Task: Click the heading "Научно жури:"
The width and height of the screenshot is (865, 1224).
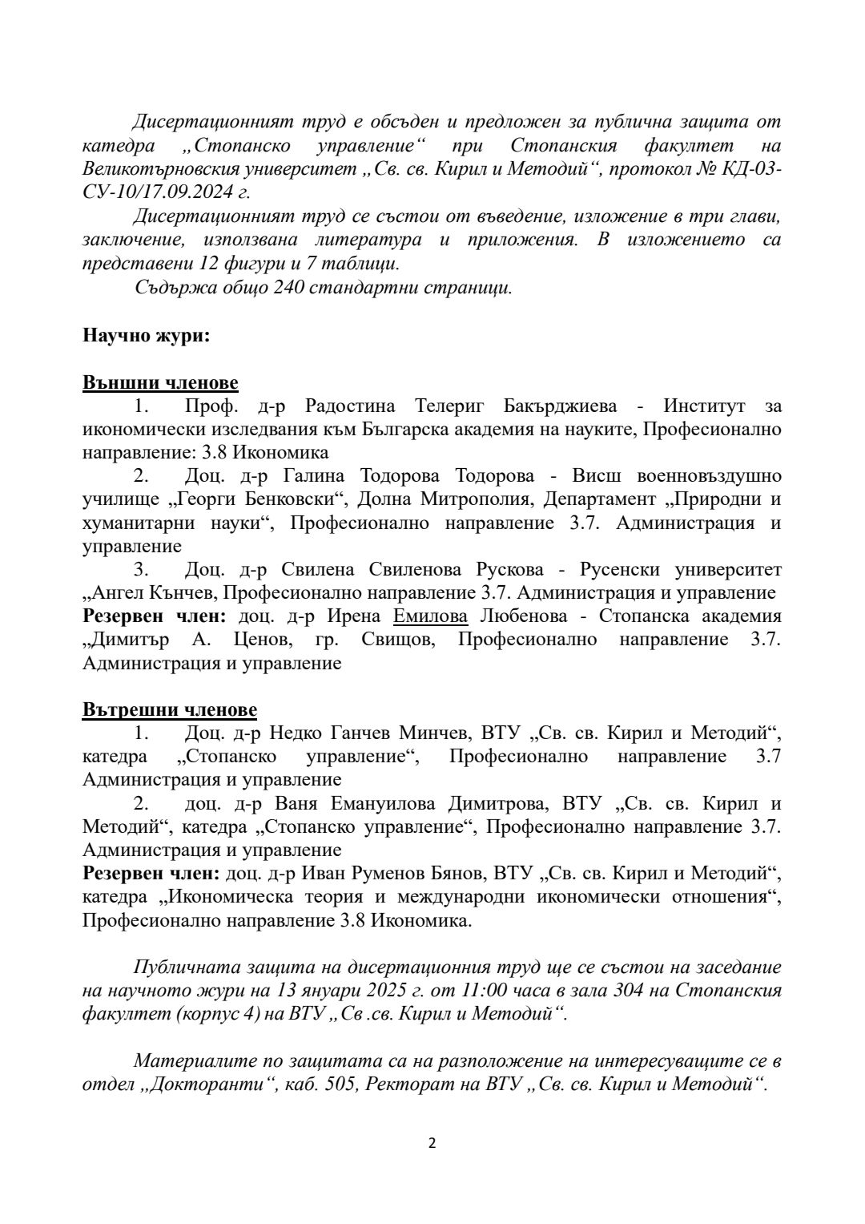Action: (146, 335)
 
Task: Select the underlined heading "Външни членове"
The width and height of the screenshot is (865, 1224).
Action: (160, 382)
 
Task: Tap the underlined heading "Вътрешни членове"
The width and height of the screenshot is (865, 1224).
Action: (170, 709)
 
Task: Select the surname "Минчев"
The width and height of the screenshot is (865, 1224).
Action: (431, 733)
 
